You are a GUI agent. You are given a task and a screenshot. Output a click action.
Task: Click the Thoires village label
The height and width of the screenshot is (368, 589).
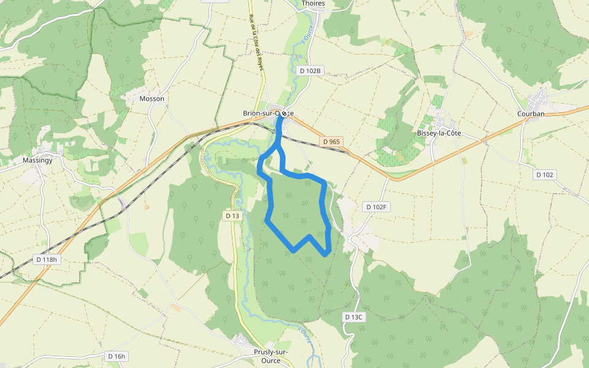click(313, 4)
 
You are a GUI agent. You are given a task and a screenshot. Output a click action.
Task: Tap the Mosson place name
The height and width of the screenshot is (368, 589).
click(152, 99)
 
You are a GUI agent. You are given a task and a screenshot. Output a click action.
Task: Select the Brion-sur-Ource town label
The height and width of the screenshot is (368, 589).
click(268, 113)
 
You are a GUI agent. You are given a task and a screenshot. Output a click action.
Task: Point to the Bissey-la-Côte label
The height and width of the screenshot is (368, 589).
click(438, 134)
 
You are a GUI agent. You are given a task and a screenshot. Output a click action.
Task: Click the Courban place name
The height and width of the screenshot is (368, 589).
click(531, 114)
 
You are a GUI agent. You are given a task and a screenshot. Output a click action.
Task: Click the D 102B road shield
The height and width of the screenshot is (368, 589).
click(310, 71)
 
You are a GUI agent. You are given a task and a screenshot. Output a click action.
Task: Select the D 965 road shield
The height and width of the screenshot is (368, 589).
click(331, 142)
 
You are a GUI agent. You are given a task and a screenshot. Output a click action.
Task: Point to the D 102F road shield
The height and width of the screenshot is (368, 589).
click(377, 207)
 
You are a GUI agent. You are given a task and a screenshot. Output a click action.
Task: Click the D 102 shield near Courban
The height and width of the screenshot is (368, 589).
click(544, 175)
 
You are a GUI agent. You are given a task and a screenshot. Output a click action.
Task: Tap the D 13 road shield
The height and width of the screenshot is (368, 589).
click(233, 216)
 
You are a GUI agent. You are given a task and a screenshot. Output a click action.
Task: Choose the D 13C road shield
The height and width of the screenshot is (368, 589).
click(354, 317)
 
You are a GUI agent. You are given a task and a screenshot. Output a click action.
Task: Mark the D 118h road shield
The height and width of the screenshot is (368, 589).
click(47, 259)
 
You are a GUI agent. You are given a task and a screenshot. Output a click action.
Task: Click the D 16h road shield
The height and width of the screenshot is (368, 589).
click(116, 356)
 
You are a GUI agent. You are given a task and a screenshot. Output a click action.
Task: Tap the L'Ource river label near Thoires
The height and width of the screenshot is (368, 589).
click(307, 33)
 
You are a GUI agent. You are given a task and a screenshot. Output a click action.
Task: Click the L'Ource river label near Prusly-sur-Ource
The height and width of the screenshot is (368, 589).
click(305, 335)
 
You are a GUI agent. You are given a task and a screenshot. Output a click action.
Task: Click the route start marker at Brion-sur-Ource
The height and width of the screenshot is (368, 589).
click(284, 113)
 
